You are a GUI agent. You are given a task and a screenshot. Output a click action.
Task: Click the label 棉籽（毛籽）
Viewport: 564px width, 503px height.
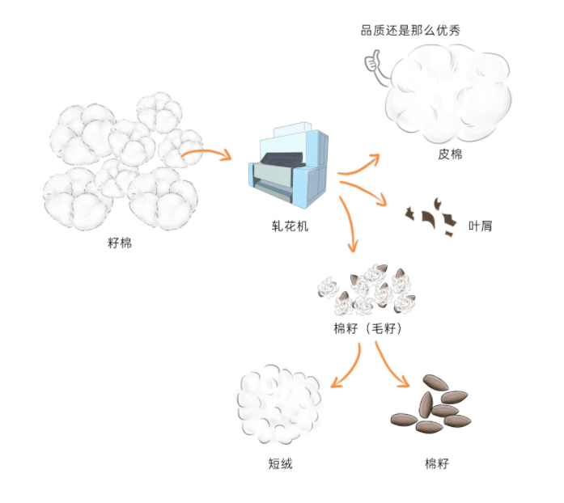(367, 329)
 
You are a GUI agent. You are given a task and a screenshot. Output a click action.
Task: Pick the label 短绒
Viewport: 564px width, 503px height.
(280, 463)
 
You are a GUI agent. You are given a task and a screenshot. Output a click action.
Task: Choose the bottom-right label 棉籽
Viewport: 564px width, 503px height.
(436, 463)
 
